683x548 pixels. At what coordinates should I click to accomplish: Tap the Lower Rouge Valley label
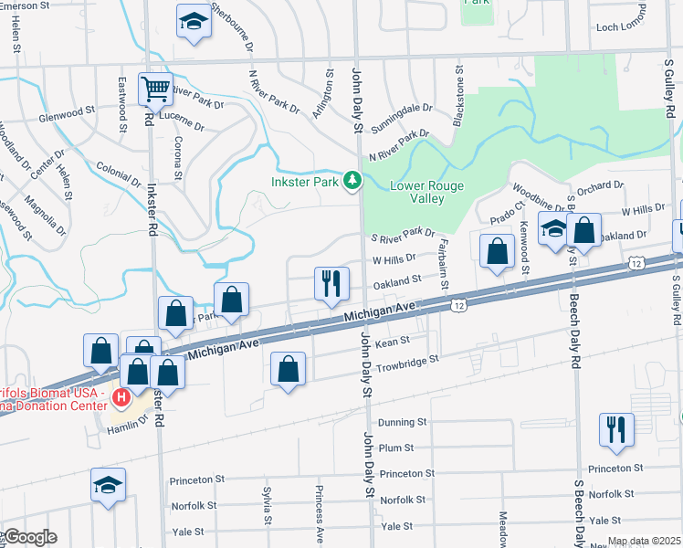[426, 192]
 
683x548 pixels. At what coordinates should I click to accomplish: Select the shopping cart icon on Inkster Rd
[155, 89]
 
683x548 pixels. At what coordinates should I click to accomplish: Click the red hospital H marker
[121, 397]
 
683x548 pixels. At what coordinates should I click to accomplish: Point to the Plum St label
[396, 448]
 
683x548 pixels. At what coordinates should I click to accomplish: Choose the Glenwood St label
[66, 114]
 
